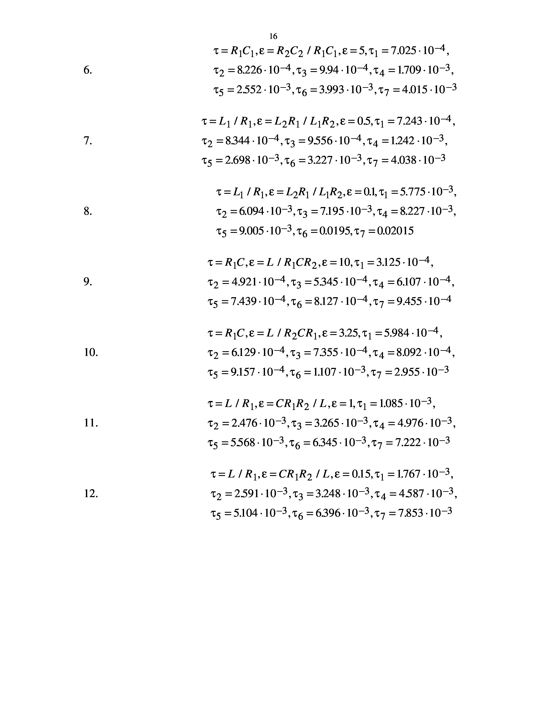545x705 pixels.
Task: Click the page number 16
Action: pos(273,36)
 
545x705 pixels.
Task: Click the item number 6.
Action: pos(87,70)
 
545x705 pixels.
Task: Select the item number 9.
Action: pos(87,282)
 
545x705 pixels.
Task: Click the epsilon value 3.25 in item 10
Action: pos(349,333)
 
